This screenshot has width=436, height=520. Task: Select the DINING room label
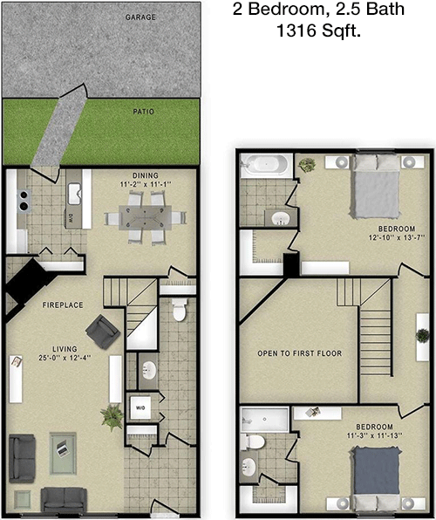click(145, 174)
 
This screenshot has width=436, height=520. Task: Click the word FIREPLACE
click(62, 305)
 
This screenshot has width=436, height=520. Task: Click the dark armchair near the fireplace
click(101, 332)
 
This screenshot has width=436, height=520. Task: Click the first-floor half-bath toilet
click(181, 309)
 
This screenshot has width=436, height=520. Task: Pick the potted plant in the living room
click(112, 417)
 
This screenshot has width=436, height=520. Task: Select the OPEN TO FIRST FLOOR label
click(299, 353)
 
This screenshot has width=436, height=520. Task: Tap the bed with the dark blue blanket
click(378, 476)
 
